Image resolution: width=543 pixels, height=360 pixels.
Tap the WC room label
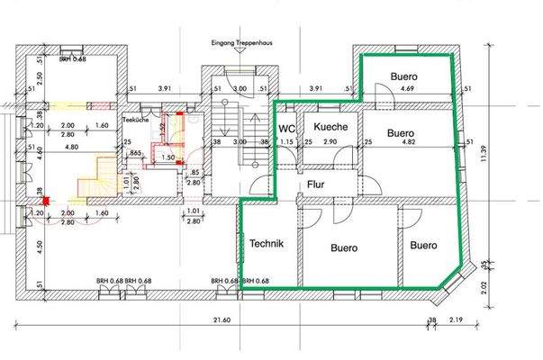coord(287,129)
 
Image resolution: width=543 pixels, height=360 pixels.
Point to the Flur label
coord(316,184)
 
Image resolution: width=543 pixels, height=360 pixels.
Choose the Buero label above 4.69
coord(404,76)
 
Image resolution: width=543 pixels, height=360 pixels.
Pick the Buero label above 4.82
coord(404,132)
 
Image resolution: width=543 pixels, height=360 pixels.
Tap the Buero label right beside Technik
coord(344,247)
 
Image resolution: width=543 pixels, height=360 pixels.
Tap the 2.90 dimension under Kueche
coord(330,143)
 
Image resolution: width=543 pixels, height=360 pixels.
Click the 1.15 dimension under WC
coord(287,143)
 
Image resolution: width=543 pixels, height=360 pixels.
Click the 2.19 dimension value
coord(457,321)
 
